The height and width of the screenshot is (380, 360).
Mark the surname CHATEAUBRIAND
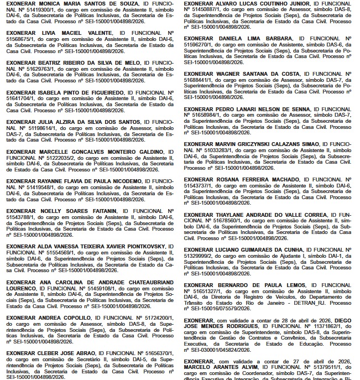pyautogui.click(x=146, y=282)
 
